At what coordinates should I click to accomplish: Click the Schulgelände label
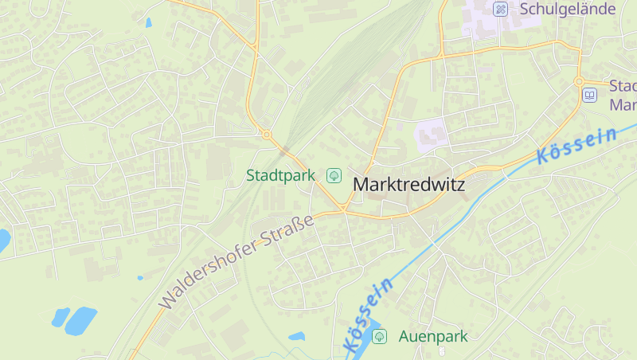pyautogui.click(x=568, y=9)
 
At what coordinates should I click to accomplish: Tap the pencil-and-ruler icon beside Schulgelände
pyautogui.click(x=500, y=10)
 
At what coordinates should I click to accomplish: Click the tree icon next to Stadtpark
pyautogui.click(x=334, y=174)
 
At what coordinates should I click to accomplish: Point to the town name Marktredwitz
pyautogui.click(x=408, y=184)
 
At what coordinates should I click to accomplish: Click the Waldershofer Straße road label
pyautogui.click(x=237, y=262)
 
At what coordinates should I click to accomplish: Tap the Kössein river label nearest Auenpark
pyautogui.click(x=368, y=315)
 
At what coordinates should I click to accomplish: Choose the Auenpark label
pyautogui.click(x=433, y=336)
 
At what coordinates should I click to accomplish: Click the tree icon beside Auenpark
pyautogui.click(x=379, y=336)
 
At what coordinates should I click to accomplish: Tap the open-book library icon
pyautogui.click(x=589, y=96)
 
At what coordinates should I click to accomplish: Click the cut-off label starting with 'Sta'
pyautogui.click(x=623, y=95)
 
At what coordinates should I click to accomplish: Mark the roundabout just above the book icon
pyautogui.click(x=580, y=81)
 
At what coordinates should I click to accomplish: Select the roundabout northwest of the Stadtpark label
pyautogui.click(x=267, y=135)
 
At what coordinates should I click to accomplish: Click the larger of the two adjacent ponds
pyautogui.click(x=80, y=320)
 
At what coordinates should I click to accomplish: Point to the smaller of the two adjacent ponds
pyautogui.click(x=61, y=317)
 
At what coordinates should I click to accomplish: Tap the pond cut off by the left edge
pyautogui.click(x=3, y=239)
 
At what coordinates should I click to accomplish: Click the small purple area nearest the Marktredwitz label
pyautogui.click(x=431, y=133)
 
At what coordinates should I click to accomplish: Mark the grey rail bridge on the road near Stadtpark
pyautogui.click(x=284, y=149)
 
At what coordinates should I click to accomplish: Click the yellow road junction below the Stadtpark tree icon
pyautogui.click(x=342, y=209)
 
